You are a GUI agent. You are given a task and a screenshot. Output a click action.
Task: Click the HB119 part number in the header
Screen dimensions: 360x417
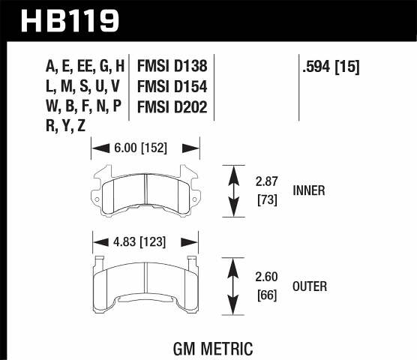pyautogui.click(x=71, y=19)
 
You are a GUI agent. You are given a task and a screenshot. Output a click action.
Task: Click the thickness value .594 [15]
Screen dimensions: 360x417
pyautogui.click(x=329, y=67)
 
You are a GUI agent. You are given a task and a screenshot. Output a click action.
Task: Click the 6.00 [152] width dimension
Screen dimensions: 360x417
pyautogui.click(x=145, y=148)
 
